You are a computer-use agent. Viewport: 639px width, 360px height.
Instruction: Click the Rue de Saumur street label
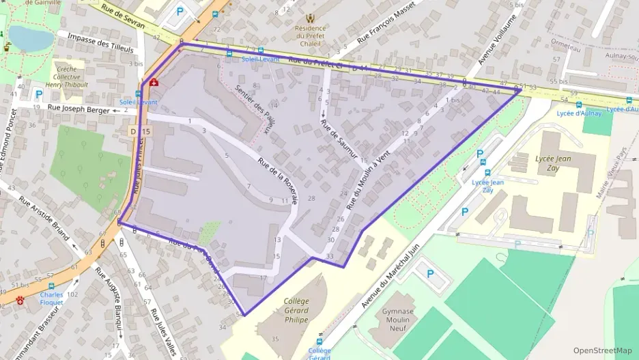tap(339, 141)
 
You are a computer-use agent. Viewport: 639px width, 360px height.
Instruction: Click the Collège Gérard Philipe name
tap(296, 310)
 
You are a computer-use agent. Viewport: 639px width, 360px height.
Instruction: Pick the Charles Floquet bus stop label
tap(51, 298)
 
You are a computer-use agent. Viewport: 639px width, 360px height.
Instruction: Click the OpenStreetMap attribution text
tap(602, 350)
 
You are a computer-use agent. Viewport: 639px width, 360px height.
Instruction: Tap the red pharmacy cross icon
tap(154, 82)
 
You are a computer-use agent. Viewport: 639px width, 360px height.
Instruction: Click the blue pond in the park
tap(31, 39)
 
